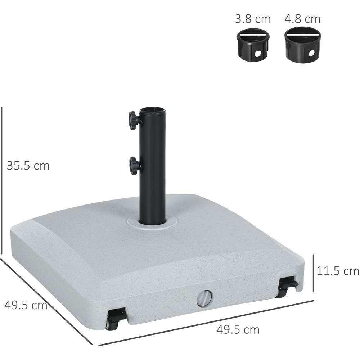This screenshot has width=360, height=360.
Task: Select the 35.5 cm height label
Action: [x=28, y=166]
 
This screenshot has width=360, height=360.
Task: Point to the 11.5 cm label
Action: [x=338, y=271]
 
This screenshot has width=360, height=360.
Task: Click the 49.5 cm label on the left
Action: [x=26, y=305]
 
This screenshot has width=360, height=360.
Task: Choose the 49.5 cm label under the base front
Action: [x=238, y=330]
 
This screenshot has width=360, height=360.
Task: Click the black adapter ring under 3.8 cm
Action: [x=253, y=46]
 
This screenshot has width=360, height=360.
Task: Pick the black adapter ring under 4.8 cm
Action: [x=302, y=46]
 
